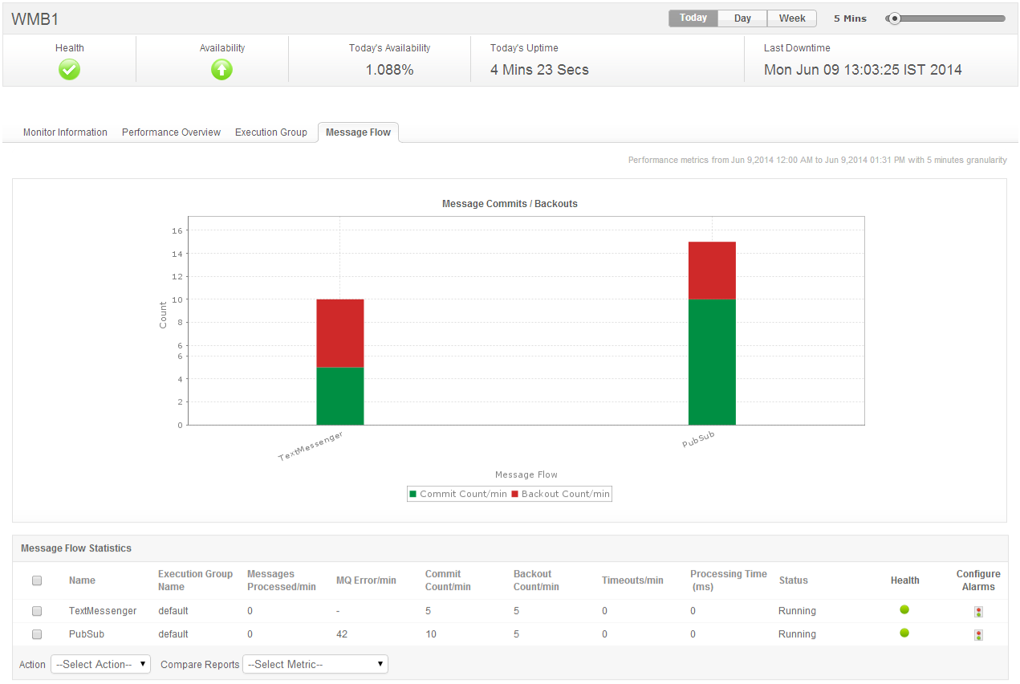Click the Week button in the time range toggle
tap(792, 18)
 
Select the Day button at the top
tap(742, 18)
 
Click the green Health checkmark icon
tap(70, 70)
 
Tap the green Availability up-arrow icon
tap(222, 70)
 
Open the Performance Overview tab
tap(171, 132)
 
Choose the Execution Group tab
tap(271, 132)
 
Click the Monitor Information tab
tap(65, 132)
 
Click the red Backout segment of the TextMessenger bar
tap(339, 333)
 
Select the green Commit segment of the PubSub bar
tap(712, 361)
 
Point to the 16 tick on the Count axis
tap(177, 231)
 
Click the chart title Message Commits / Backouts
tap(510, 204)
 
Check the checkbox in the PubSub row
tap(37, 634)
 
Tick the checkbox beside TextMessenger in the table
tap(37, 611)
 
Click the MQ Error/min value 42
tap(342, 634)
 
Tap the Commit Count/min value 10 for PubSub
tap(431, 634)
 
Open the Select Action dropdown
tap(100, 664)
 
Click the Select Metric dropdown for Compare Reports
tap(315, 664)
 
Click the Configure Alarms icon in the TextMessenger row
tap(978, 612)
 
